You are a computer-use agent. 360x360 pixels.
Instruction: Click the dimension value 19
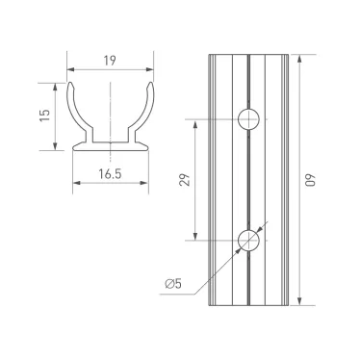click(110, 60)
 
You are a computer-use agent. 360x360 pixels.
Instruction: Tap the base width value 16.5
click(110, 173)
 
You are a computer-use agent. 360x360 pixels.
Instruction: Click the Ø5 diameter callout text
click(173, 282)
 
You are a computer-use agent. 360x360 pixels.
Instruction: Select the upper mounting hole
click(248, 119)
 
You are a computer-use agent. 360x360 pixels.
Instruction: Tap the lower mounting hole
click(248, 241)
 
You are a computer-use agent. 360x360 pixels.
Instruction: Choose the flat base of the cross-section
click(110, 147)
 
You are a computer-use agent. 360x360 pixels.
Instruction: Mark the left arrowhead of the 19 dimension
click(69, 70)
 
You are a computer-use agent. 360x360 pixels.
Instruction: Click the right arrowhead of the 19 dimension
click(151, 70)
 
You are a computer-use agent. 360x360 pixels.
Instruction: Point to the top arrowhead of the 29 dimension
click(196, 123)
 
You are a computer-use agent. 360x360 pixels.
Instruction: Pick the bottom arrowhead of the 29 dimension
click(196, 238)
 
